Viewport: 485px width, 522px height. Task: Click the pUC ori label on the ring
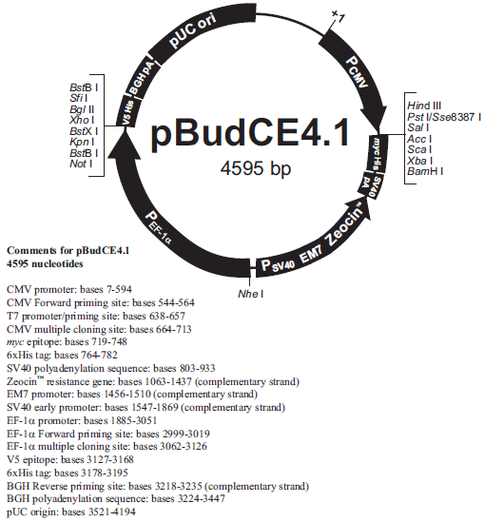click(192, 30)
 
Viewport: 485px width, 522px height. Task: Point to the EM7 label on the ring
click(311, 255)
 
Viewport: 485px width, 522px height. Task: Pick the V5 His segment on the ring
click(127, 113)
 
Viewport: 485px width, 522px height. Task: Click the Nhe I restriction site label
click(251, 294)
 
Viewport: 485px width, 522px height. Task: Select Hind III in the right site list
click(424, 106)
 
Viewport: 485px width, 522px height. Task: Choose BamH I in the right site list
click(425, 171)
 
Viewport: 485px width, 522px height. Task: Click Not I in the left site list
click(81, 164)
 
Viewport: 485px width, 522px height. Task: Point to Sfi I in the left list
click(79, 98)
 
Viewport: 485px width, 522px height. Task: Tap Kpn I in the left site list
click(82, 143)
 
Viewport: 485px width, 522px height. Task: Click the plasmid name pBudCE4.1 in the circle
click(250, 132)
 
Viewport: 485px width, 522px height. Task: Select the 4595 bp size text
click(255, 168)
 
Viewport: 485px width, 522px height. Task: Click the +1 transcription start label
click(338, 16)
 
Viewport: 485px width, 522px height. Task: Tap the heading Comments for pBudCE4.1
click(68, 250)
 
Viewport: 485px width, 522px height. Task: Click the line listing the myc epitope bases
click(67, 342)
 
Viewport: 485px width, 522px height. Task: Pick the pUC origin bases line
click(71, 512)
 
